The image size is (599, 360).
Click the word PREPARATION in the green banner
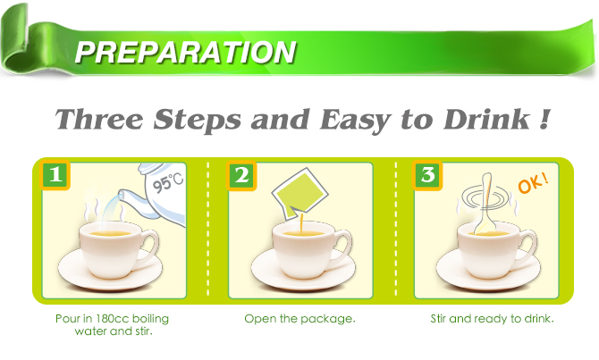pyautogui.click(x=186, y=52)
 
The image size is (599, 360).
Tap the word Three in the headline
pyautogui.click(x=99, y=119)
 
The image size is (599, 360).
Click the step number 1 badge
pyautogui.click(x=55, y=175)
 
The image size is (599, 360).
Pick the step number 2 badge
pyautogui.click(x=241, y=175)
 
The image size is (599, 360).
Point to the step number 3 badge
pyautogui.click(x=427, y=175)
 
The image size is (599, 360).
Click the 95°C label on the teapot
pyautogui.click(x=168, y=181)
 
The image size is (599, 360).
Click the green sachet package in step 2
pyautogui.click(x=299, y=193)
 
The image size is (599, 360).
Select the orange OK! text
pyautogui.click(x=534, y=183)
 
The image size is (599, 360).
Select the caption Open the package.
pyautogui.click(x=299, y=319)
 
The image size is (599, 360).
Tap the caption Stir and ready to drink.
pyautogui.click(x=492, y=319)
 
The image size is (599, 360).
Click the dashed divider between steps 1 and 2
pyautogui.click(x=207, y=229)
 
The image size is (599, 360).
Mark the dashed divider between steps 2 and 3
pyautogui.click(x=395, y=229)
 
